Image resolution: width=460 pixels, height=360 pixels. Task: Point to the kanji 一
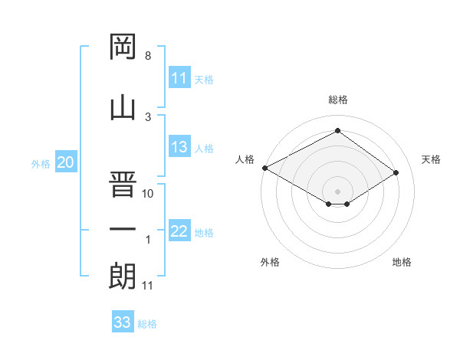(x=123, y=229)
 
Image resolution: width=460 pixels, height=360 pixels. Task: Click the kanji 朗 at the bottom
(x=123, y=275)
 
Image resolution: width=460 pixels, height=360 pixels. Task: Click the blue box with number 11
(x=179, y=77)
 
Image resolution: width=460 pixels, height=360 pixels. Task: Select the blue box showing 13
(x=179, y=147)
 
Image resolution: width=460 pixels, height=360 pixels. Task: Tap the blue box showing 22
(x=179, y=231)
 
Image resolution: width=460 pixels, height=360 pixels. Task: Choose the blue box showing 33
(x=123, y=322)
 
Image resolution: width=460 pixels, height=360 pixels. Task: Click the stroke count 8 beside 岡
(x=148, y=56)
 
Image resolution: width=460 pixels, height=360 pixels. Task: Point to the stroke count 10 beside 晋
(x=149, y=194)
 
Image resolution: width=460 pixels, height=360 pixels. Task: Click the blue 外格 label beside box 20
(x=40, y=163)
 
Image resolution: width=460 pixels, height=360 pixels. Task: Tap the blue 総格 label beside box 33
(x=147, y=324)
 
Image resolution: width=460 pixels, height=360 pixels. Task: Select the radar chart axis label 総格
(x=337, y=100)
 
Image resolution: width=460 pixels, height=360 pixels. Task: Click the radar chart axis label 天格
(x=431, y=159)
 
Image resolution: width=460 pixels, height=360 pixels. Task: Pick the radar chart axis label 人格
(x=245, y=159)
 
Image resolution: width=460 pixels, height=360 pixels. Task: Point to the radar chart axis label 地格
(x=402, y=262)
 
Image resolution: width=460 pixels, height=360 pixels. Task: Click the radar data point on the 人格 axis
(x=264, y=167)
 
